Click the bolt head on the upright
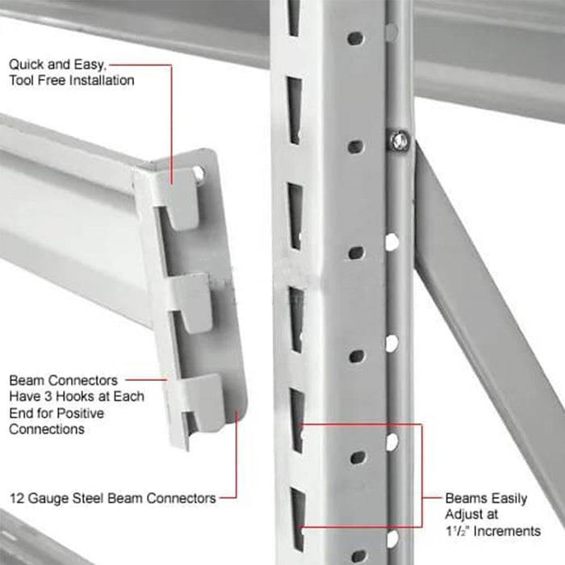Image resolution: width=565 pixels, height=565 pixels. (399, 140)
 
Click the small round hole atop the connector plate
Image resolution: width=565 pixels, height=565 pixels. (198, 172)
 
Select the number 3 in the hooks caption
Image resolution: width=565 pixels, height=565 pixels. (48, 396)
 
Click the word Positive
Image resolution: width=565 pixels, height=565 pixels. (81, 413)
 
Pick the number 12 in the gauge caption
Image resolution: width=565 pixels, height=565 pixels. (17, 498)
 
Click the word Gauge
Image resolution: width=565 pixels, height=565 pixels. (48, 498)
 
